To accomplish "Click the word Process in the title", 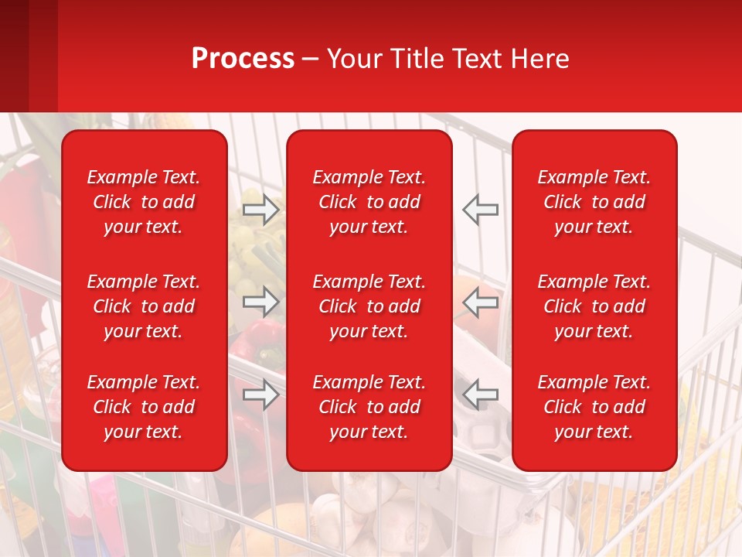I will click(x=243, y=59).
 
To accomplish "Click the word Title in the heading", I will click(x=417, y=59).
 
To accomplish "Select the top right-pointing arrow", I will click(x=261, y=210).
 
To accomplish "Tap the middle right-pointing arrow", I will click(x=261, y=302).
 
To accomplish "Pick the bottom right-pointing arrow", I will click(x=261, y=395).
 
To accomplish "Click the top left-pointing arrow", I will click(x=480, y=210).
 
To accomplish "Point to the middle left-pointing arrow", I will click(x=480, y=302).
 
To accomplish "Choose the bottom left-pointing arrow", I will click(x=480, y=395).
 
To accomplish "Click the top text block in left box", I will click(x=144, y=202).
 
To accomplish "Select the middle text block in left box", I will click(x=144, y=306).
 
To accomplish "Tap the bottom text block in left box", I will click(x=144, y=407).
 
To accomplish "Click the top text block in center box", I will click(x=369, y=202).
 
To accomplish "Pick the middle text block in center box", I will click(x=369, y=306).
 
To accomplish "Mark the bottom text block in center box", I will click(x=369, y=407).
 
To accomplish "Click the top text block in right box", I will click(x=594, y=202).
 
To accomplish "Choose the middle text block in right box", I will click(x=594, y=306).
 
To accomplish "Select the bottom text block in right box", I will click(x=594, y=407).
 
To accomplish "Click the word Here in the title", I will click(x=541, y=59).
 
